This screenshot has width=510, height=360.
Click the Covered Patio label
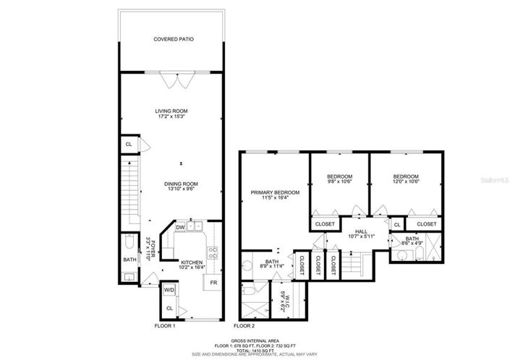(x=173, y=39)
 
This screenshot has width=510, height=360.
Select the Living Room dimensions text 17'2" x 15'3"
(x=171, y=118)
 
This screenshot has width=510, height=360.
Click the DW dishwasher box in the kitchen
(x=179, y=227)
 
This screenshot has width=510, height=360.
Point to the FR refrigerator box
(x=214, y=282)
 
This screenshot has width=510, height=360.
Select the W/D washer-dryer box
(x=169, y=290)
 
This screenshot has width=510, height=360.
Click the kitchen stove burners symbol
(x=213, y=253)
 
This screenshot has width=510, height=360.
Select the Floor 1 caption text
(x=165, y=327)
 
